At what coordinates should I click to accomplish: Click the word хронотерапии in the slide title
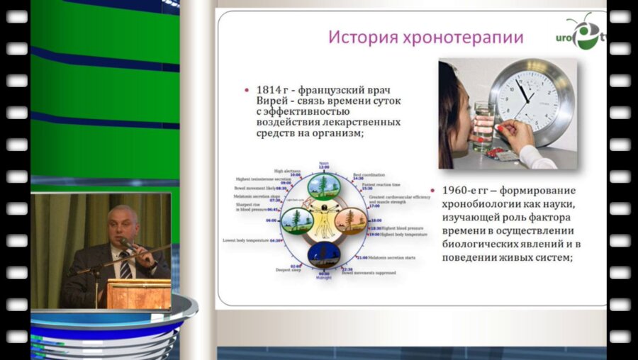pos(462,37)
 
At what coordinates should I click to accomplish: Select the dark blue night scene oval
pos(323,252)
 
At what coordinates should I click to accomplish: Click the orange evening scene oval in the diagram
pos(349,220)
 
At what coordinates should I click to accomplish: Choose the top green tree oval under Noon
pos(324,187)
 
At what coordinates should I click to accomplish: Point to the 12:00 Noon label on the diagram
pos(324,166)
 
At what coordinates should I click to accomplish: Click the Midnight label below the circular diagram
pos(323,278)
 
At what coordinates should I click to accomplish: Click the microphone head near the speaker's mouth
pos(125,243)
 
